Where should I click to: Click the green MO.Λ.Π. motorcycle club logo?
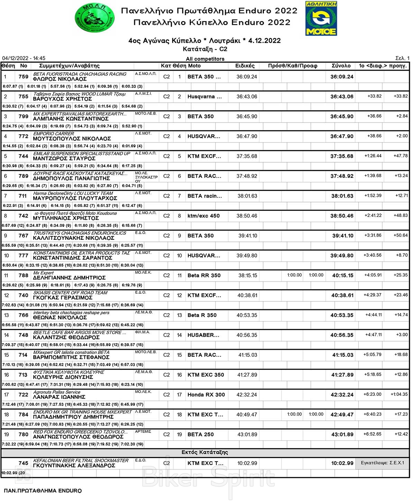point(94,19)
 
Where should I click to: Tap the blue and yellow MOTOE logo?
point(321,19)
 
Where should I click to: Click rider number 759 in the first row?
point(24,77)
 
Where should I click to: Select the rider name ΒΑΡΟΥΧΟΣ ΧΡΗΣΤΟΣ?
point(62,99)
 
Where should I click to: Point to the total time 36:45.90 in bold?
point(342,117)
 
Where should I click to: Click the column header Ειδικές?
point(245,66)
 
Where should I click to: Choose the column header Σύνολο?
point(341,66)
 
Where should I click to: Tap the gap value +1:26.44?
point(373,156)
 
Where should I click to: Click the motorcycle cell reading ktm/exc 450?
point(203,216)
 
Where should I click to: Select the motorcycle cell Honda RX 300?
point(206,395)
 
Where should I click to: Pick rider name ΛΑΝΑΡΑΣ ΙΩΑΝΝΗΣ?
point(59,397)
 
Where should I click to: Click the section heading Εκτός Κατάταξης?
point(205,453)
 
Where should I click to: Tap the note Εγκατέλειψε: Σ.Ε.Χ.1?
point(382,463)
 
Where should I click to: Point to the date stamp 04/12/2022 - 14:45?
point(24,58)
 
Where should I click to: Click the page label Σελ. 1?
point(402,58)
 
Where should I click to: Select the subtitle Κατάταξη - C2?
point(205,49)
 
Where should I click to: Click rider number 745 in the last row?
point(24,463)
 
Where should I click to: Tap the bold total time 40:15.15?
point(343,276)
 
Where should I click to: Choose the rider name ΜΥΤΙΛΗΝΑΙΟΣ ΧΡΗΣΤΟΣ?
point(66,218)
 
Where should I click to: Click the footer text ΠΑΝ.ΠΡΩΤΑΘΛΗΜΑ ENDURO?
point(43,491)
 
